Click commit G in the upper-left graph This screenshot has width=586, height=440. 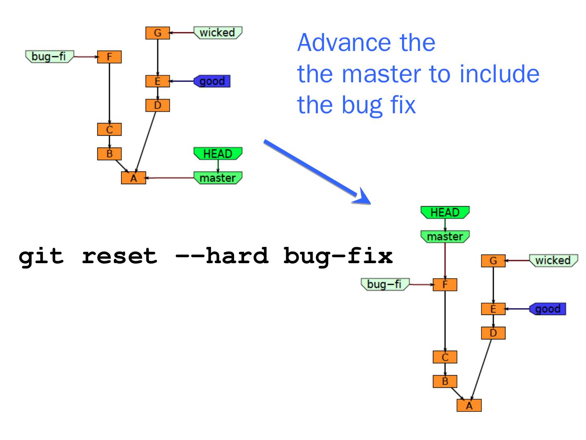157,33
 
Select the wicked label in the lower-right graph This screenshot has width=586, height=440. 553,260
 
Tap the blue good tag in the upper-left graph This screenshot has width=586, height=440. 212,81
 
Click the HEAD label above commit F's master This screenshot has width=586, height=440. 445,213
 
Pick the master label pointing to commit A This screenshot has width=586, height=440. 218,178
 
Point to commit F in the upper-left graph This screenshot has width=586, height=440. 109,57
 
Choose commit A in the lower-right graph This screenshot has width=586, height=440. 469,406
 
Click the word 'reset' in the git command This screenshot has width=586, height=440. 119,256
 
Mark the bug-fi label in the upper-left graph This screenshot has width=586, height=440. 49,56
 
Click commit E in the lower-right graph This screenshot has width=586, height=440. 493,309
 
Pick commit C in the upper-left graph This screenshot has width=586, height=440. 109,130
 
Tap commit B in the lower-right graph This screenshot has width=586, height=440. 445,381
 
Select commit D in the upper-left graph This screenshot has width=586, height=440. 157,106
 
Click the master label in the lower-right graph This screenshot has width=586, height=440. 445,237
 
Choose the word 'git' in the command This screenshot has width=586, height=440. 41,256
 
